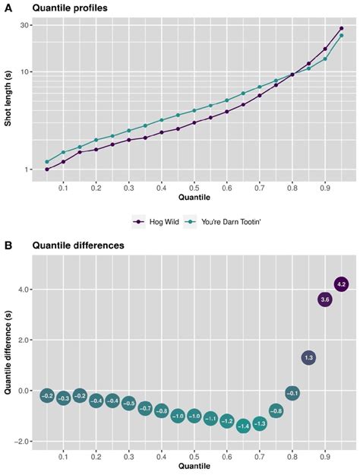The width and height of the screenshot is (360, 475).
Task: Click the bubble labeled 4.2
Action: (x=341, y=284)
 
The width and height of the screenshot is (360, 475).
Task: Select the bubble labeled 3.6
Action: (x=325, y=299)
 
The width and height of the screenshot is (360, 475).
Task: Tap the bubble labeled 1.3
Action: (x=308, y=357)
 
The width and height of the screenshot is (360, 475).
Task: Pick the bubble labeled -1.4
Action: (x=243, y=426)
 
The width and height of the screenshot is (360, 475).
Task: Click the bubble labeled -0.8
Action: (x=276, y=411)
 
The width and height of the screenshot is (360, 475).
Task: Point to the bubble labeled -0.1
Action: (x=292, y=393)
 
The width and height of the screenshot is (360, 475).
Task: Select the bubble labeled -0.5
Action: (x=128, y=403)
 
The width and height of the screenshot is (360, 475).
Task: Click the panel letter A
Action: (x=7, y=8)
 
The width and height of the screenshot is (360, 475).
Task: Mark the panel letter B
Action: (x=7, y=245)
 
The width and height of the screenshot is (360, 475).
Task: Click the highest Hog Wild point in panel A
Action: (x=341, y=28)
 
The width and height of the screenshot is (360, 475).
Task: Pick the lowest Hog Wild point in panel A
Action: (x=47, y=169)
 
